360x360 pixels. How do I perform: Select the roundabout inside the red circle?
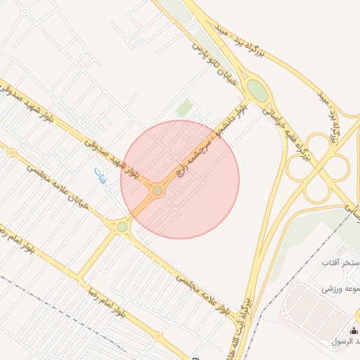[157, 191]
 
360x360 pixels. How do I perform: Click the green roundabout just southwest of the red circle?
[122, 226]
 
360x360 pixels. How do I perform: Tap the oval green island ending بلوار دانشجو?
[257, 91]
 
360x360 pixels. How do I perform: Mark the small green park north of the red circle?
[184, 108]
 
